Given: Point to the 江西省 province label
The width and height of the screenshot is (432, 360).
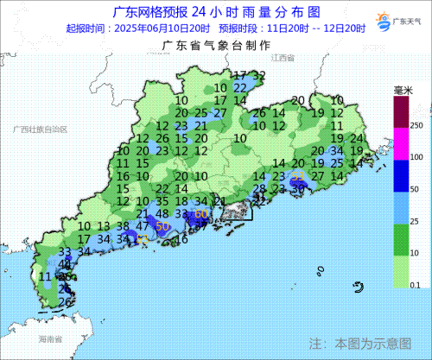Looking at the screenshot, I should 282,58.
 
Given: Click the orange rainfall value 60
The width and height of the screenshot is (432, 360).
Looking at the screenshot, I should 200,214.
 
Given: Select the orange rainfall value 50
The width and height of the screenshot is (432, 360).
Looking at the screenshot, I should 161,225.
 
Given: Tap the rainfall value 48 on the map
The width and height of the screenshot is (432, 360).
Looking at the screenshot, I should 162,213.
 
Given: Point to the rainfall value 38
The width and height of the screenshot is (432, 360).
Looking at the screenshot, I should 124,225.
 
